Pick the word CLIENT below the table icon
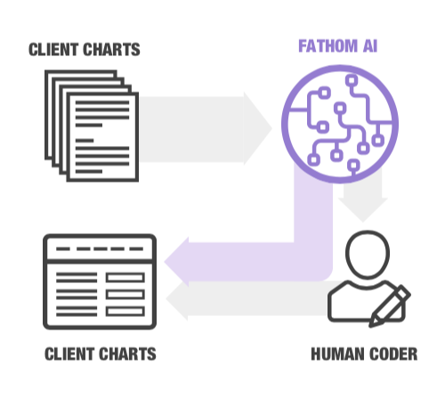72,354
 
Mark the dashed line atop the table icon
99,249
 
